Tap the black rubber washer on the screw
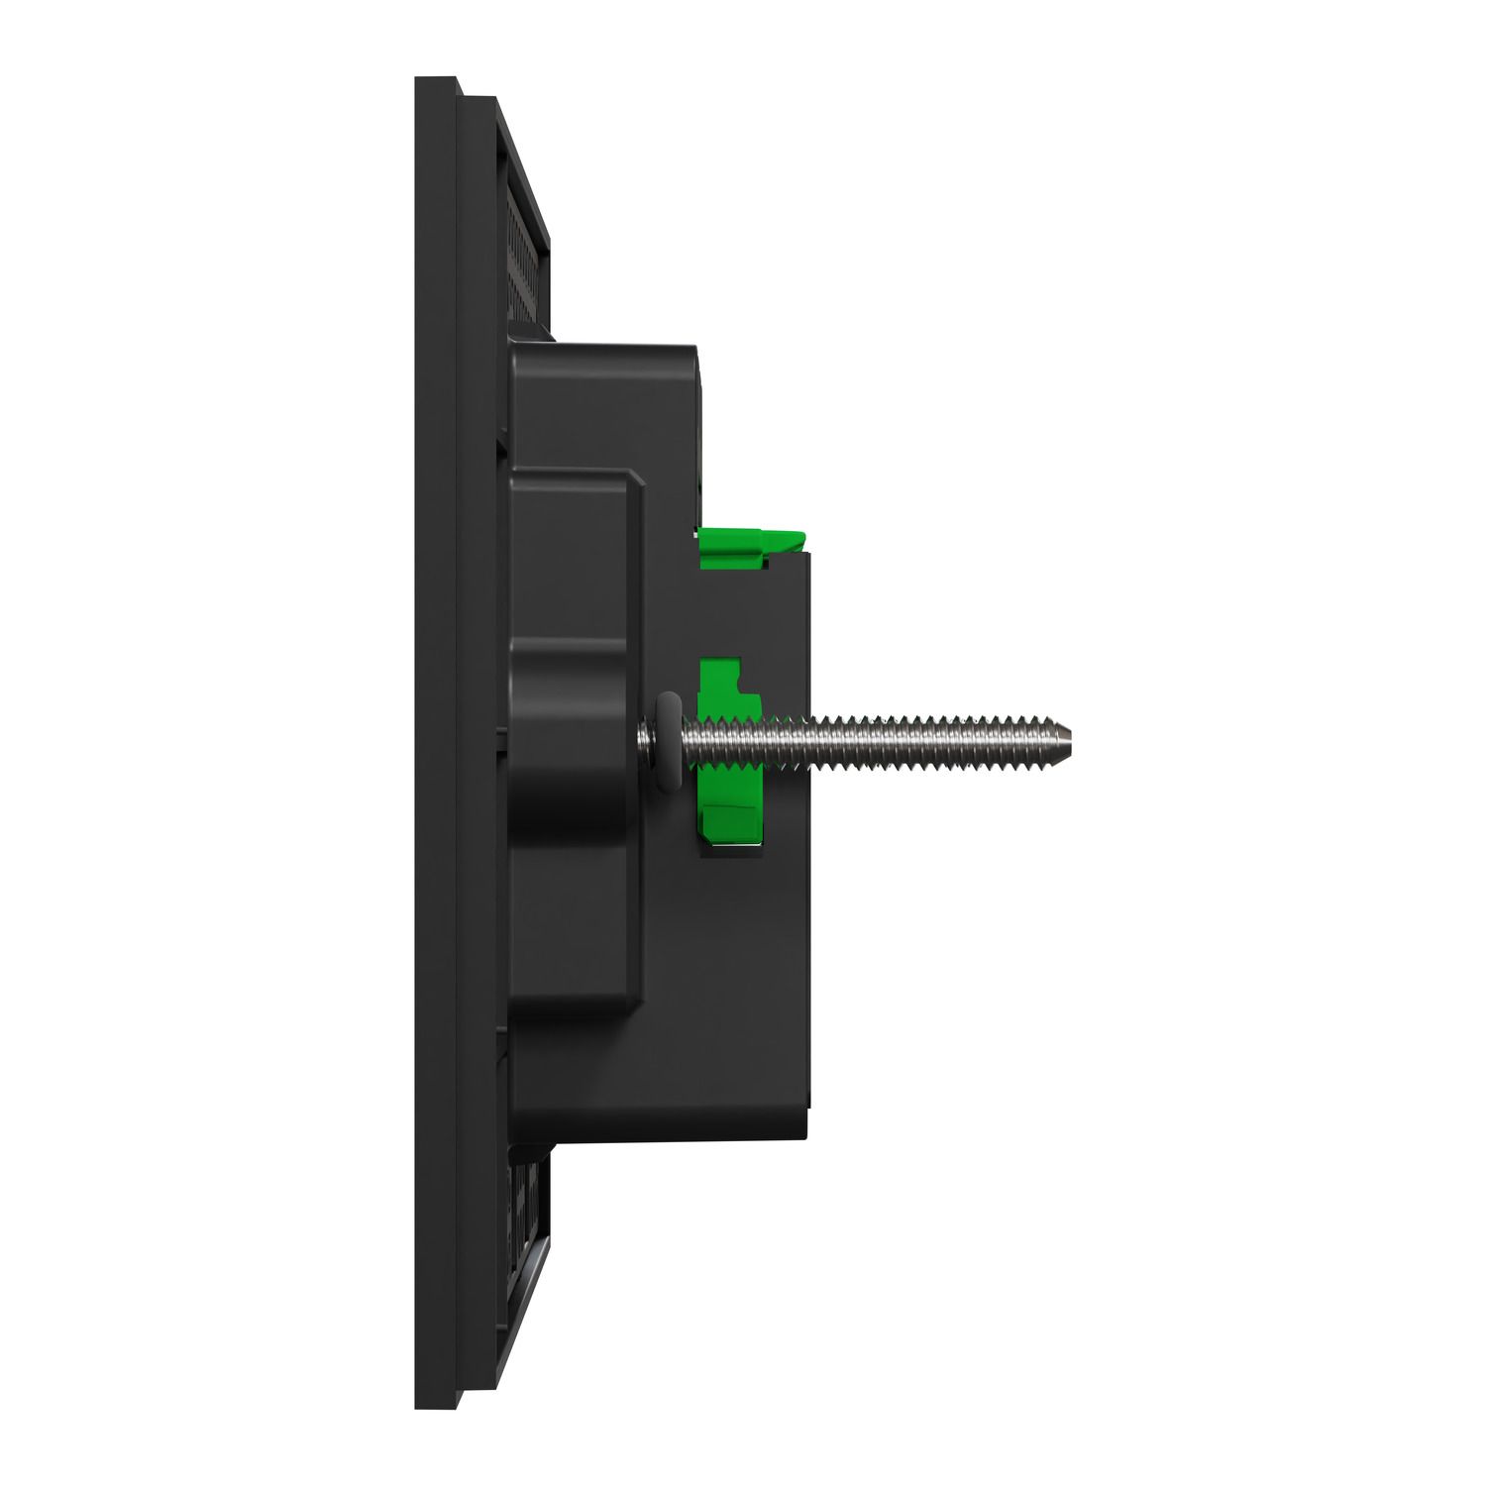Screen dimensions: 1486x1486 point(670,739)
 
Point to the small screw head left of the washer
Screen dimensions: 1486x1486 point(647,738)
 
